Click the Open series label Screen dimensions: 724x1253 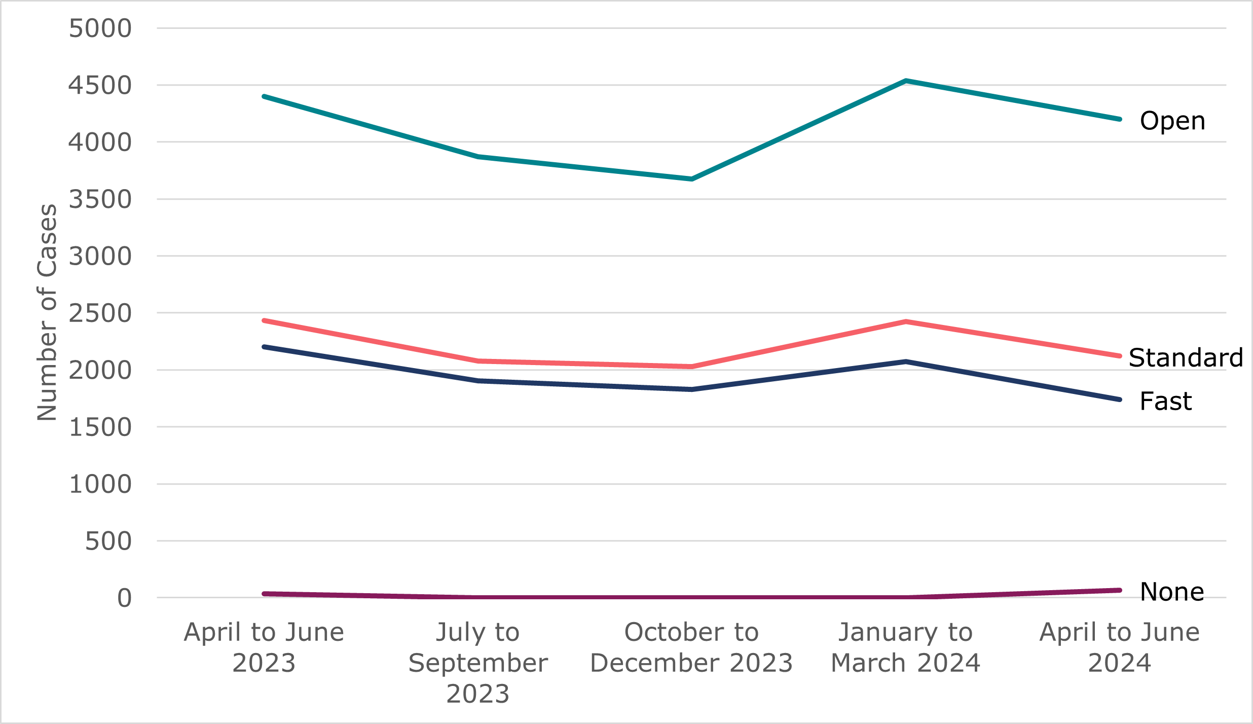(x=1172, y=121)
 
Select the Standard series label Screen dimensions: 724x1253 (x=1186, y=358)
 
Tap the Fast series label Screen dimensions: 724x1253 (x=1165, y=402)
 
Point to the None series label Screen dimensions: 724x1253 (x=1171, y=592)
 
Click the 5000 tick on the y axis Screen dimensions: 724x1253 (x=100, y=28)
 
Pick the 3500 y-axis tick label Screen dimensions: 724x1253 (x=100, y=199)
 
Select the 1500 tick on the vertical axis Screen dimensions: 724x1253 (x=100, y=427)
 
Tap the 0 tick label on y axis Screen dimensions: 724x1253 (x=124, y=598)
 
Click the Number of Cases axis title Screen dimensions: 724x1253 (x=47, y=312)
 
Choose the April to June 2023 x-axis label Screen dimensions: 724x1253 (x=264, y=647)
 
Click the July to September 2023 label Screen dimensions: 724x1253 (x=478, y=663)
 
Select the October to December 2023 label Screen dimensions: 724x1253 (x=691, y=647)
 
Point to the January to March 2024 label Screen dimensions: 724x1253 (x=905, y=647)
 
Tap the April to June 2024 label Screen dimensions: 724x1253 (x=1120, y=647)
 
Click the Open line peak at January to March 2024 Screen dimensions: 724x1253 (x=906, y=81)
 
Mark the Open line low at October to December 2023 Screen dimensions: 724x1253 (x=692, y=179)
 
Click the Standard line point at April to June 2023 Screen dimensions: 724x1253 (x=264, y=320)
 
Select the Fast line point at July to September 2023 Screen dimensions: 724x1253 (x=478, y=381)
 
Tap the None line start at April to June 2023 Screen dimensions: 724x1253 (x=264, y=594)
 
